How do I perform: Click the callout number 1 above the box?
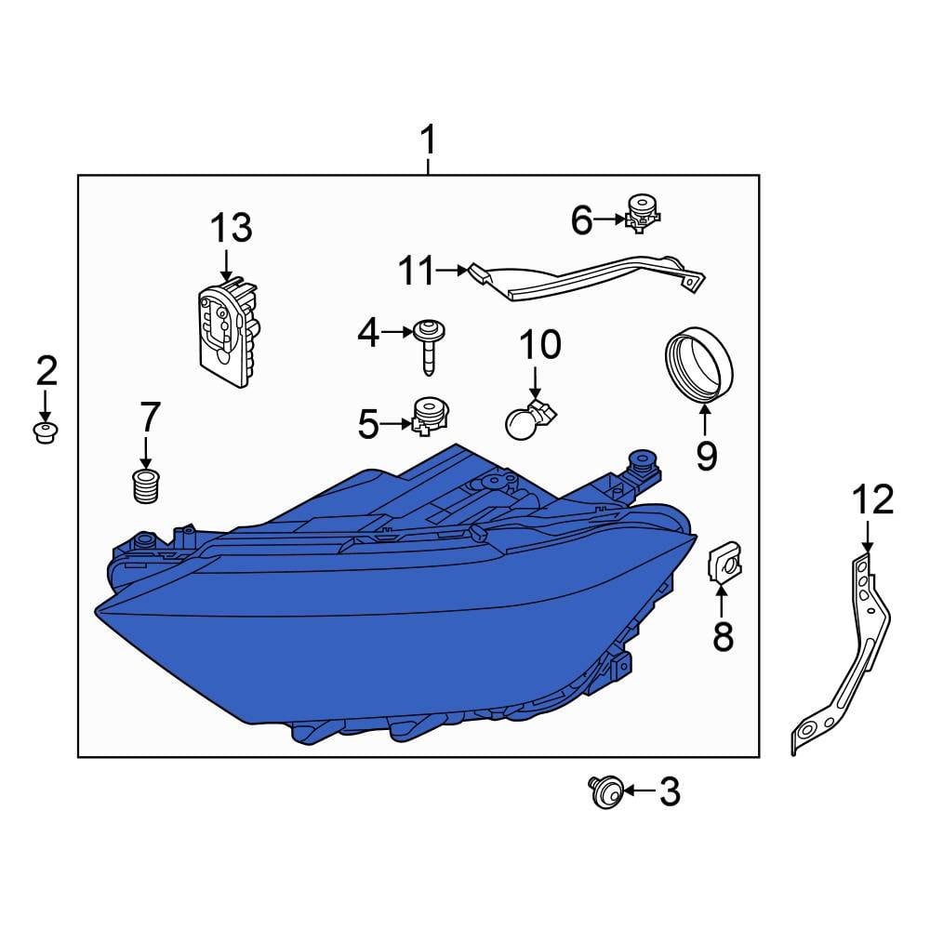click(x=427, y=142)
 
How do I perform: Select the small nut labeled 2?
click(x=45, y=432)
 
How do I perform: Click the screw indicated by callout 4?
click(x=429, y=343)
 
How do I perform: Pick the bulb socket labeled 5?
click(x=429, y=415)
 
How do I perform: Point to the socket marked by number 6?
click(x=640, y=213)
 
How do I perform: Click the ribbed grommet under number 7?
click(x=142, y=485)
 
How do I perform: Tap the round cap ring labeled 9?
click(x=700, y=368)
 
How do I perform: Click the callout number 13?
click(x=230, y=228)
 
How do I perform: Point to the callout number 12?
click(x=871, y=500)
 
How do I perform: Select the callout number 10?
click(x=539, y=345)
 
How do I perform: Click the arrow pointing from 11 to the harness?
click(x=451, y=271)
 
